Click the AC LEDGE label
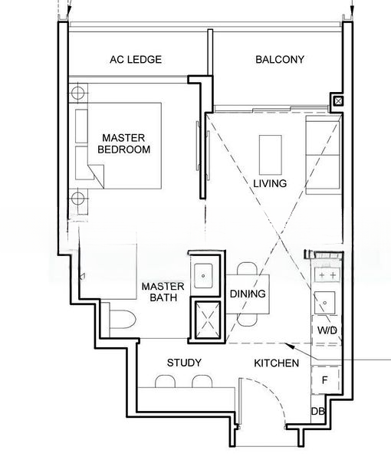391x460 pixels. click(x=136, y=60)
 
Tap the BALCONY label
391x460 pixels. click(x=280, y=60)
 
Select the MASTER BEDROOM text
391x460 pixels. click(x=123, y=143)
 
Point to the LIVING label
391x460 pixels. click(x=270, y=183)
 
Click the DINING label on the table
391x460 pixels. click(x=248, y=294)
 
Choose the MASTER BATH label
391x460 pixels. click(x=163, y=292)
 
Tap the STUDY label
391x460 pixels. click(x=184, y=363)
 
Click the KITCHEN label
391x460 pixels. click(x=276, y=363)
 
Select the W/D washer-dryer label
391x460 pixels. click(x=327, y=330)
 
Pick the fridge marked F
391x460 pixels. click(x=325, y=380)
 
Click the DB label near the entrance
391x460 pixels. click(x=318, y=411)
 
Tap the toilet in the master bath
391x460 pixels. click(x=123, y=319)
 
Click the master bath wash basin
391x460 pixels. click(x=203, y=276)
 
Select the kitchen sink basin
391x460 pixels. click(x=325, y=303)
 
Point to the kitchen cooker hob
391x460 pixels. click(x=327, y=275)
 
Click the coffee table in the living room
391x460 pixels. click(x=271, y=154)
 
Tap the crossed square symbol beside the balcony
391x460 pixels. click(x=339, y=101)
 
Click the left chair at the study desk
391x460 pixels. click(x=165, y=381)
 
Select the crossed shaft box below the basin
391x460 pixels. click(x=208, y=320)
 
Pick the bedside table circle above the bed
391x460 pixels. click(x=77, y=93)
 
